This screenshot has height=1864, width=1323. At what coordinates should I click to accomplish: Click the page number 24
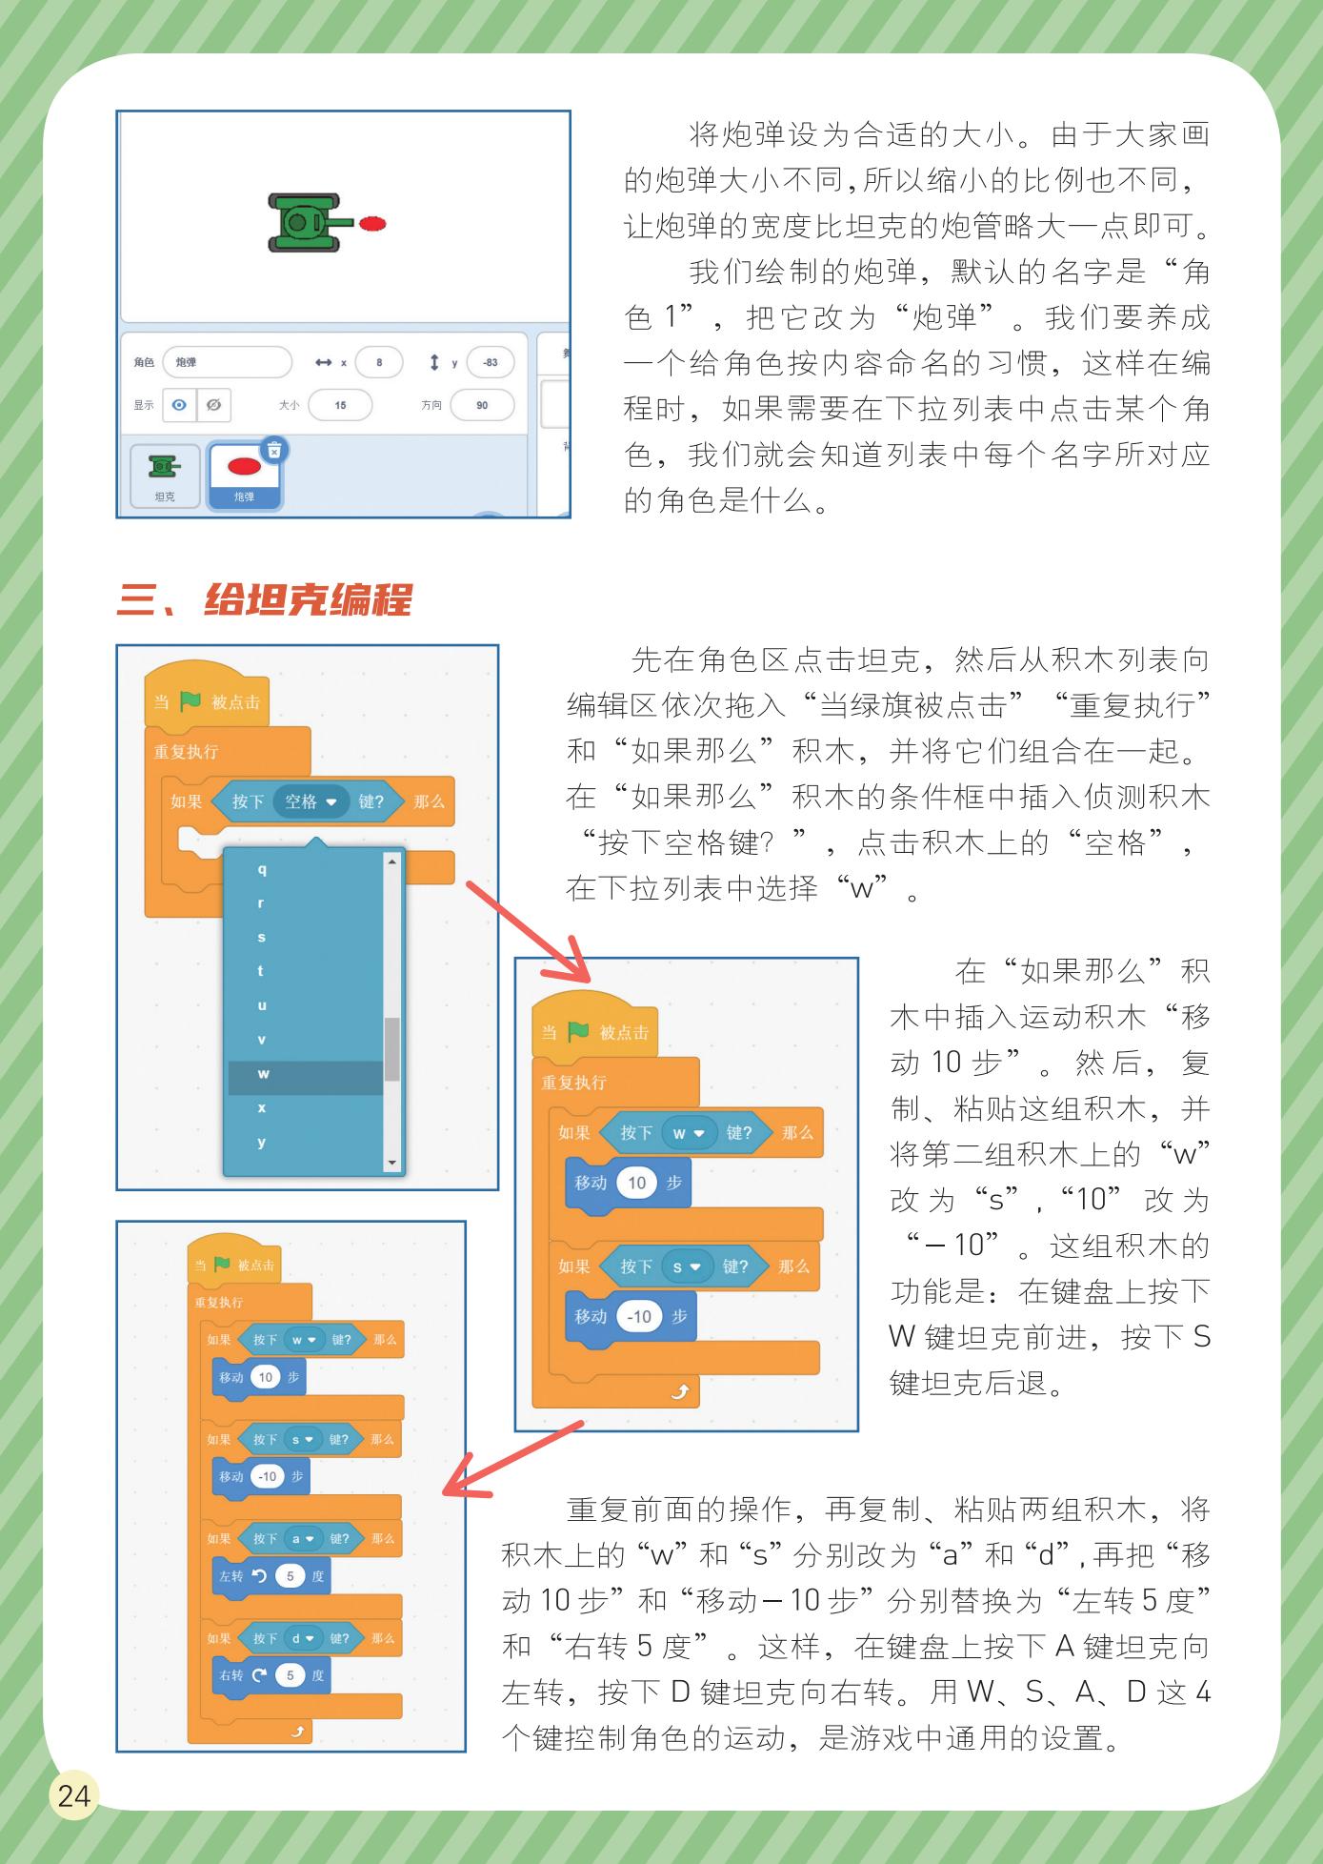tap(73, 1795)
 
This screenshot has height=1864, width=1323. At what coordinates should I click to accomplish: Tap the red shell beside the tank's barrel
tap(372, 223)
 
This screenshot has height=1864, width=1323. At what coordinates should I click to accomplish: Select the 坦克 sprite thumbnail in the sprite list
tap(165, 475)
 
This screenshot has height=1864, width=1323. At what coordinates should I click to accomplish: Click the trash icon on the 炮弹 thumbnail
tap(274, 450)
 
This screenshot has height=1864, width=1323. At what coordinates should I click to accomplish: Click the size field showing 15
tap(340, 405)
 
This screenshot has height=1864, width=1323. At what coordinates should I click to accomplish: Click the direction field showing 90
tap(482, 405)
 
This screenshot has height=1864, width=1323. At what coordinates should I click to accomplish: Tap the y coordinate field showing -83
tap(490, 362)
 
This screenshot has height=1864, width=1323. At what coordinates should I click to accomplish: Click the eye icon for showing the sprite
tap(179, 405)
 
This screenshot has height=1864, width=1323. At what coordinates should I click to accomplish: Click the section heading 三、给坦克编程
tap(264, 600)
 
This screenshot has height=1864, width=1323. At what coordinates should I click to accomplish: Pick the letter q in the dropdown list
tap(262, 869)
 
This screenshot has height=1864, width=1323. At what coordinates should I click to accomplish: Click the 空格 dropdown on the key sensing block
tap(311, 801)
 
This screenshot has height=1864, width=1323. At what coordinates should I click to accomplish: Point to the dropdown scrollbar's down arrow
tap(391, 1163)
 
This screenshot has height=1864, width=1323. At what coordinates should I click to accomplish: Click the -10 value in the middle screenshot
tap(639, 1316)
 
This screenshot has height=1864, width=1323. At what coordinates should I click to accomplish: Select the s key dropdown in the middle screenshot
tap(687, 1266)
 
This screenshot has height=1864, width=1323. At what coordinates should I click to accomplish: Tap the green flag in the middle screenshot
tap(578, 1032)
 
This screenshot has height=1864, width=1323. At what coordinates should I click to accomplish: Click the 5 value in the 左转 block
tap(290, 1575)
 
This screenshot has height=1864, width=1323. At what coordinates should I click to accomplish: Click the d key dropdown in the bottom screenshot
tap(302, 1638)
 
